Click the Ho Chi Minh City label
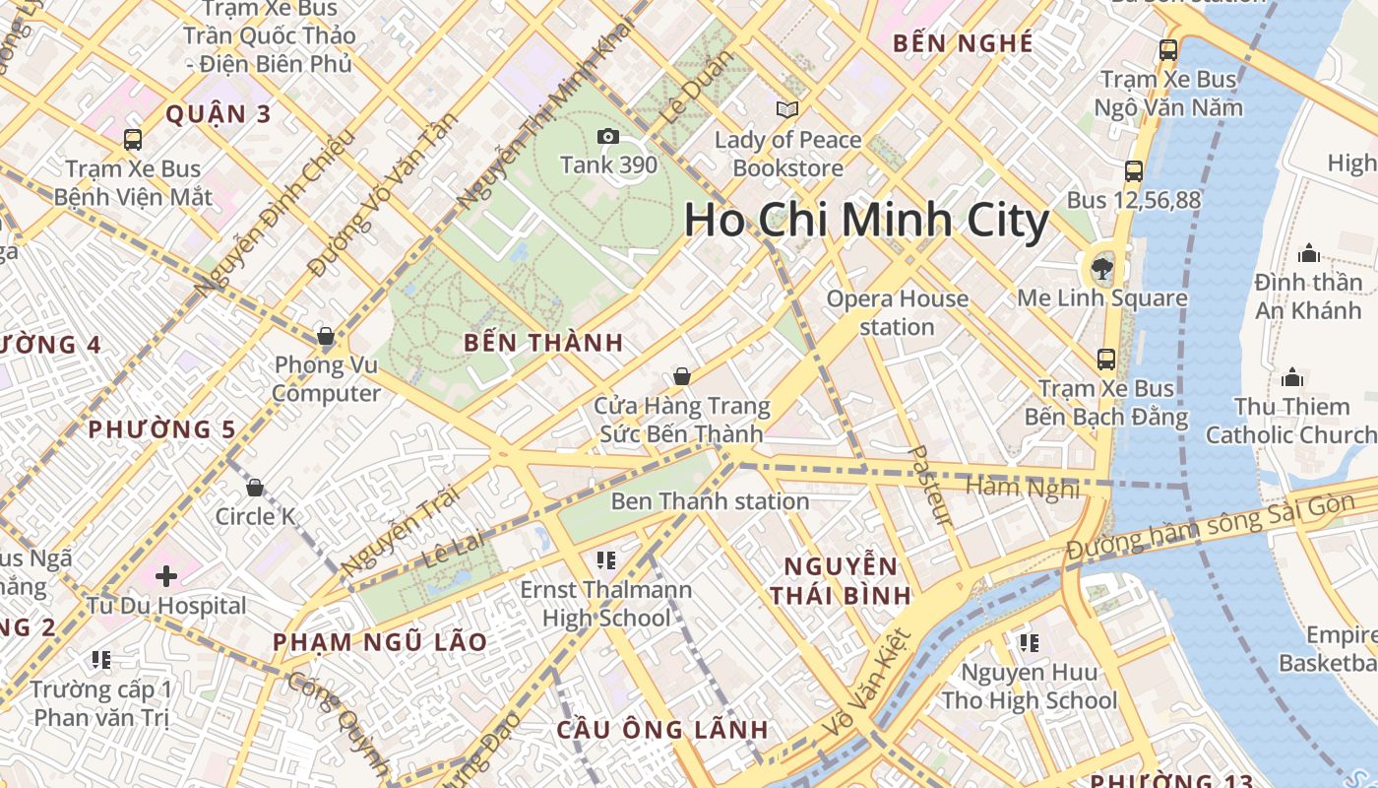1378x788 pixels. (x=866, y=220)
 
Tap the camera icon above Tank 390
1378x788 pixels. (x=608, y=136)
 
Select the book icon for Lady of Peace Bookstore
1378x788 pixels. (x=787, y=109)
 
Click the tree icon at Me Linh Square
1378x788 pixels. (x=1102, y=268)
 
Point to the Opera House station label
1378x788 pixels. (x=897, y=312)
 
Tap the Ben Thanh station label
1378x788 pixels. (x=710, y=501)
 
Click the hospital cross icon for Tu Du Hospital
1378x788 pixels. (x=165, y=575)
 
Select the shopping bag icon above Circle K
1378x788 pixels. (x=255, y=488)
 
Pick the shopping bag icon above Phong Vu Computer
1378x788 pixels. (x=326, y=337)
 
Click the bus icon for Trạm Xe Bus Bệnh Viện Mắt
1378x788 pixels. (x=133, y=140)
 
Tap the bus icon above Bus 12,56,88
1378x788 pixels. (x=1133, y=171)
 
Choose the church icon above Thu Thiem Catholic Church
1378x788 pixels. (x=1291, y=378)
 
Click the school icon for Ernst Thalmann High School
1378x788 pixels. (x=605, y=560)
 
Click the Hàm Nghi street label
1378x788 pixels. (x=1023, y=487)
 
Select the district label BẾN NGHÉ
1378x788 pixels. (x=963, y=43)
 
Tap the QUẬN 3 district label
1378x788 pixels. (x=218, y=114)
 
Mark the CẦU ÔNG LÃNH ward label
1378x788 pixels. (x=661, y=730)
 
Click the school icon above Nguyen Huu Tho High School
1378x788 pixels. (x=1029, y=643)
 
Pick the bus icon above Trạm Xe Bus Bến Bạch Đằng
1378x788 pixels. (x=1106, y=360)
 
